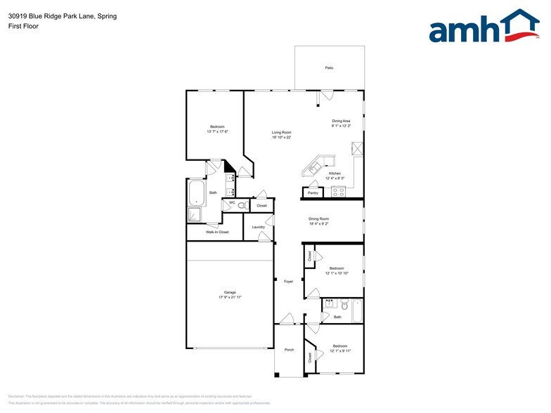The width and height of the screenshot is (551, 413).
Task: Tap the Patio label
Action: tap(329, 67)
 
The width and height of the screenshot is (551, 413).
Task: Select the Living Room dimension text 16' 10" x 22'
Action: tap(282, 137)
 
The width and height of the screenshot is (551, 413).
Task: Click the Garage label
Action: tap(230, 292)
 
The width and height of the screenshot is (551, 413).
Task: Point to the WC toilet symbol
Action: tap(241, 206)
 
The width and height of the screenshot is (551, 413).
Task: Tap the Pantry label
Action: tap(313, 192)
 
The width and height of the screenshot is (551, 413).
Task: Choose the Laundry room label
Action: tap(258, 227)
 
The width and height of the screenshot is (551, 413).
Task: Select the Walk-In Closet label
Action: tap(217, 232)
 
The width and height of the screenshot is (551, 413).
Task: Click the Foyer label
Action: tap(288, 282)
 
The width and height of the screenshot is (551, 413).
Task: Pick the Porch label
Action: tap(289, 350)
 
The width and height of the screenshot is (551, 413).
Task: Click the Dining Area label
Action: tap(342, 121)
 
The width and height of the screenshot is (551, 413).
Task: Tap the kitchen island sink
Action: tap(313, 167)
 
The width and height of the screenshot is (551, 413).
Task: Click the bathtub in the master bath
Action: tap(195, 192)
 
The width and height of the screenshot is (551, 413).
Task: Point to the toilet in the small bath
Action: tap(344, 306)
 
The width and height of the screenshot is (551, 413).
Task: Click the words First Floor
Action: tap(23, 26)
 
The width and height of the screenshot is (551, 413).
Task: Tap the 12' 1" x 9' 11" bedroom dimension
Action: tap(340, 350)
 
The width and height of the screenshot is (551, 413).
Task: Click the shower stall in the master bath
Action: tap(194, 215)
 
